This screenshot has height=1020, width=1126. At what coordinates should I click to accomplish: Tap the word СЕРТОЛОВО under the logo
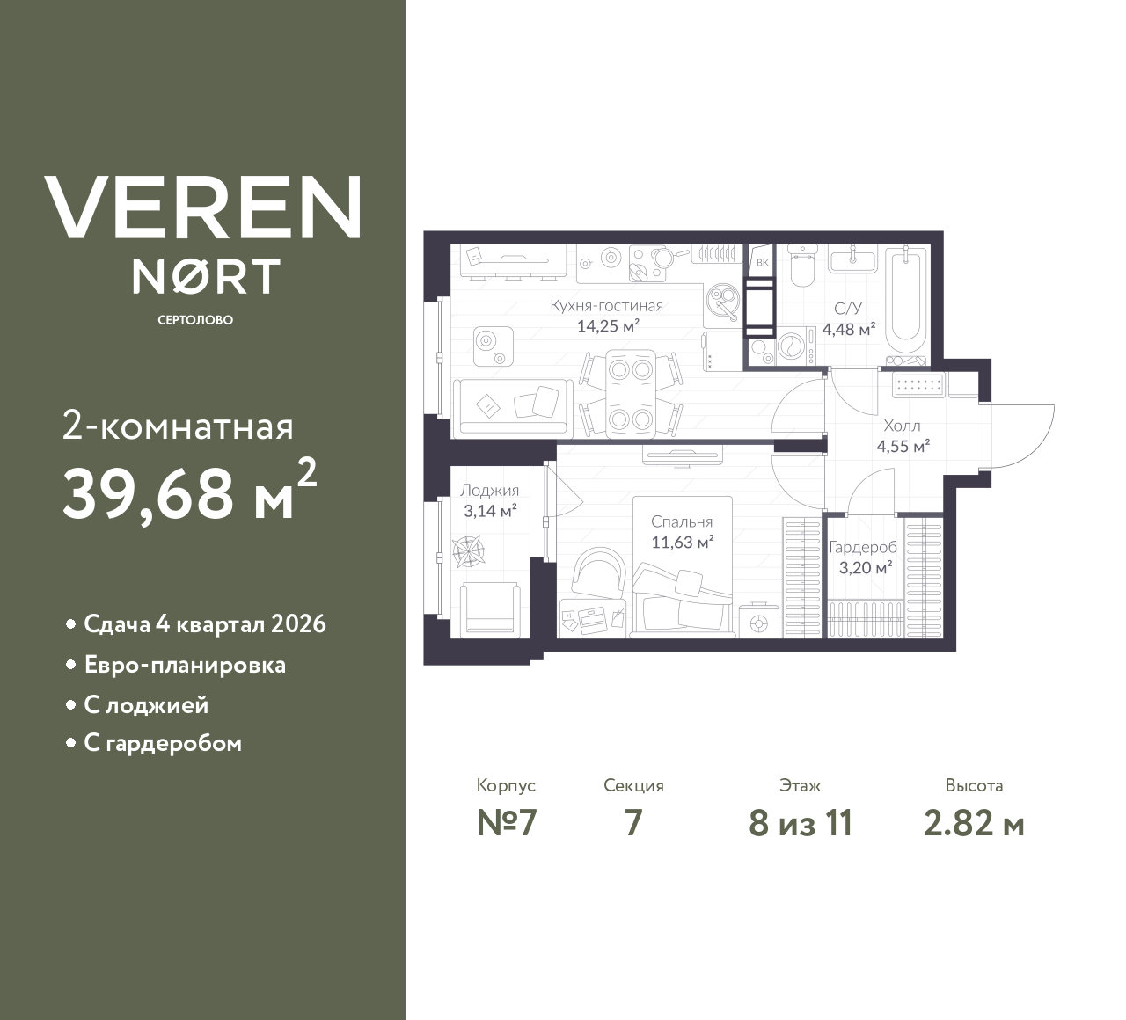[195, 320]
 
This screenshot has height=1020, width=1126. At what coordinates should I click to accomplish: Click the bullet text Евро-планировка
[185, 665]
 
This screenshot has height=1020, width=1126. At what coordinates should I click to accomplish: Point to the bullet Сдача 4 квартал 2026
[204, 624]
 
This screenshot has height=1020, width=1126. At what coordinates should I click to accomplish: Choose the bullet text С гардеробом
[163, 744]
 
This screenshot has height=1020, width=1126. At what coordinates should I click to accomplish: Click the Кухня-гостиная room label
[606, 306]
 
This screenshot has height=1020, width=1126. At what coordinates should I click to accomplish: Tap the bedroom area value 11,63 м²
[682, 543]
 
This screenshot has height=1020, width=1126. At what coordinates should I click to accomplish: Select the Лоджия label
[489, 491]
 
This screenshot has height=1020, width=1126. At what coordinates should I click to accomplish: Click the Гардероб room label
[863, 547]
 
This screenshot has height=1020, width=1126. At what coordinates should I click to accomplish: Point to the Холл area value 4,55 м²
[903, 446]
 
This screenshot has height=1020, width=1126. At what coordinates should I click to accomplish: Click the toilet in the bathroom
[801, 266]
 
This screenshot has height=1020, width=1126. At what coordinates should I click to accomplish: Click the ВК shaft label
[762, 262]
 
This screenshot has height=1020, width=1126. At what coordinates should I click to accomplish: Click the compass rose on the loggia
[467, 551]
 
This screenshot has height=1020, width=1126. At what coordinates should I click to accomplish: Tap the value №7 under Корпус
[506, 823]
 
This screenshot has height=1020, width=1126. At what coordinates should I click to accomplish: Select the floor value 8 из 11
[800, 823]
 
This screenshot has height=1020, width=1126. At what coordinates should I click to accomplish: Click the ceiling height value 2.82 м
[974, 823]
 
